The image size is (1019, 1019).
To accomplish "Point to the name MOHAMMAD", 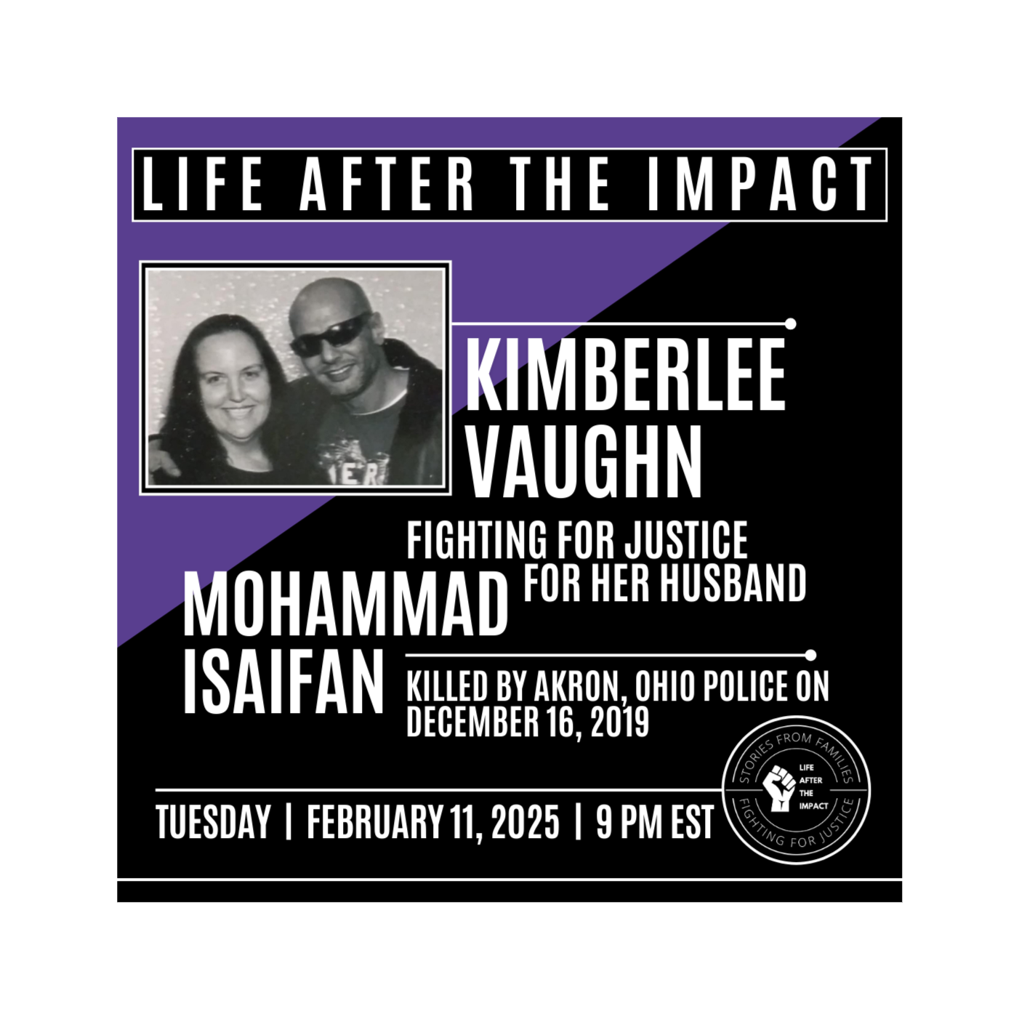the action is [x=345, y=604].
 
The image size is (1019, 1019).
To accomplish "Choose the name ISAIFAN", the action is [x=283, y=682].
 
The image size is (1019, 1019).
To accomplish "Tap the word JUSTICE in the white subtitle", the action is [x=686, y=540].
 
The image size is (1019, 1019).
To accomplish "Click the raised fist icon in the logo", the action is [x=779, y=788].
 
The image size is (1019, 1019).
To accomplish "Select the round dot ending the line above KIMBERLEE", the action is [x=791, y=323].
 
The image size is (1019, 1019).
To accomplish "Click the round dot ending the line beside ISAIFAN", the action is [x=810, y=656].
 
